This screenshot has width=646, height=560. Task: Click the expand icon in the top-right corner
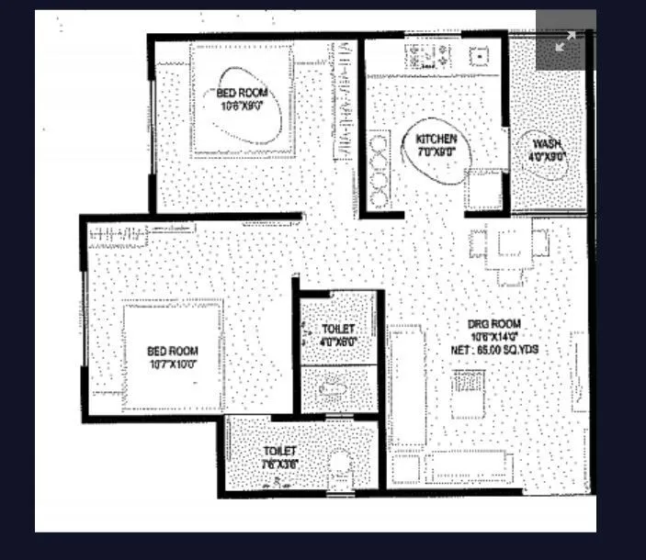565,40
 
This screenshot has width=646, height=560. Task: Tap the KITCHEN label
436,140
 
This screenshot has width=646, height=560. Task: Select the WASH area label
547,145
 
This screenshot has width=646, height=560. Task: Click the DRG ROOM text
493,324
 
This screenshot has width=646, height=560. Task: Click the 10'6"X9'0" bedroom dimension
243,106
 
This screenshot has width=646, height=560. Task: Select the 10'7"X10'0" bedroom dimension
172,364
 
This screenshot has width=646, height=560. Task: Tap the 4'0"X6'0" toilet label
337,342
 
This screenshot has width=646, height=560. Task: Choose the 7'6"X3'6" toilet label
278,464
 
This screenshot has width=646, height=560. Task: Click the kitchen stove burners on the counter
429,56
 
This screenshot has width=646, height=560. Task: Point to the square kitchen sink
478,56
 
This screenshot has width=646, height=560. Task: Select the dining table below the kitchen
508,245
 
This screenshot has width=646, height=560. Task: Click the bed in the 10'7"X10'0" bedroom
174,356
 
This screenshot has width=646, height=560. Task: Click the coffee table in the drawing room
468,395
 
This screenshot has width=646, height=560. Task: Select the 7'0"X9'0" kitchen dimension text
436,152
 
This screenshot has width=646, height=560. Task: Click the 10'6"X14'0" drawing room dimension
493,337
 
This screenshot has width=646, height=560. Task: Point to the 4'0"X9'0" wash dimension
547,157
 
